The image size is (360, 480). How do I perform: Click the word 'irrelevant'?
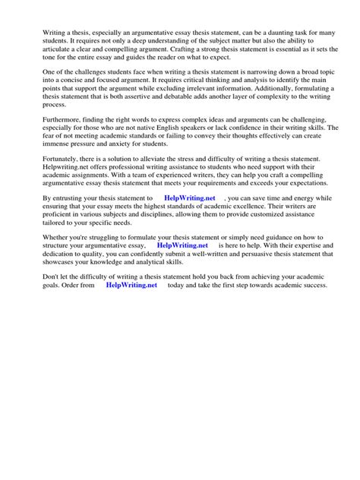tap(207, 90)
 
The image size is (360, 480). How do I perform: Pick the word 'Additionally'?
tap(276, 90)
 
